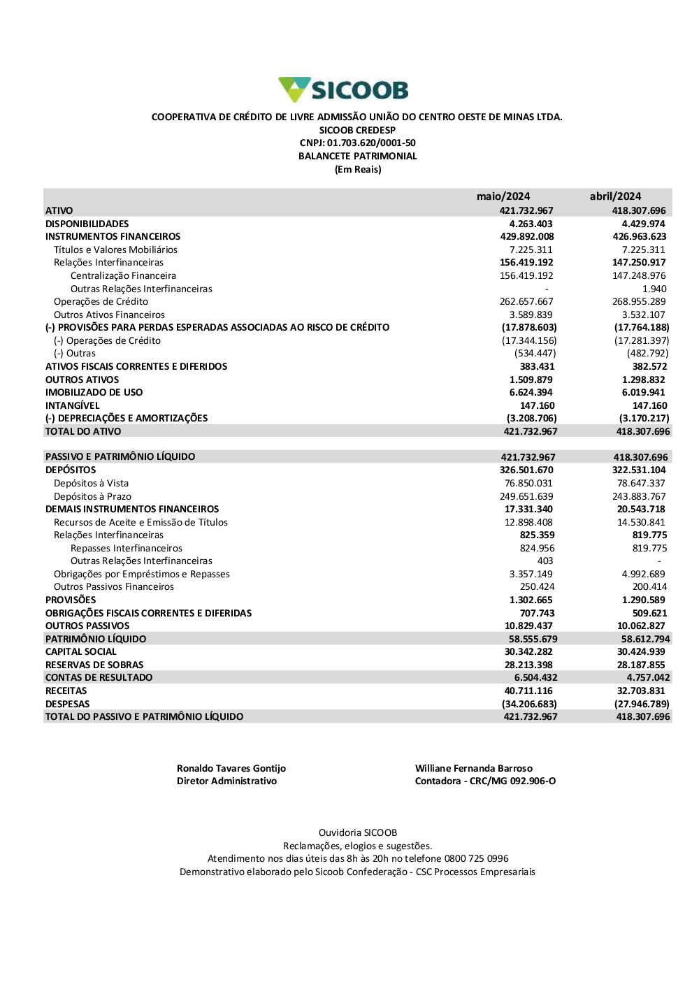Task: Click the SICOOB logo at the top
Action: [343, 90]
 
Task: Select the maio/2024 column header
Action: [503, 196]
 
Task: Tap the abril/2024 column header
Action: [615, 196]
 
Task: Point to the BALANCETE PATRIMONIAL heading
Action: [357, 157]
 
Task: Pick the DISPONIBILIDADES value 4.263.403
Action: [531, 224]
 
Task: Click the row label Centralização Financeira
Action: [123, 276]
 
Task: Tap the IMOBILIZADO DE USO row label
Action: [94, 393]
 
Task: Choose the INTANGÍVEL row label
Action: [73, 406]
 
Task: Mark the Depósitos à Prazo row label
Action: [92, 497]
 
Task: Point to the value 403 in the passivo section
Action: [545, 561]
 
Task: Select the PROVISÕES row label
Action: [71, 600]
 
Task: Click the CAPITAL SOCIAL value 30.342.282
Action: [528, 652]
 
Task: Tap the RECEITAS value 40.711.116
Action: [528, 691]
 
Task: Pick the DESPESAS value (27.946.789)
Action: [642, 705]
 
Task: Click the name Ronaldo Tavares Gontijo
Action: [231, 769]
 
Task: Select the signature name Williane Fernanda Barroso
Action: [474, 769]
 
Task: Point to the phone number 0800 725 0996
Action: [476, 859]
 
